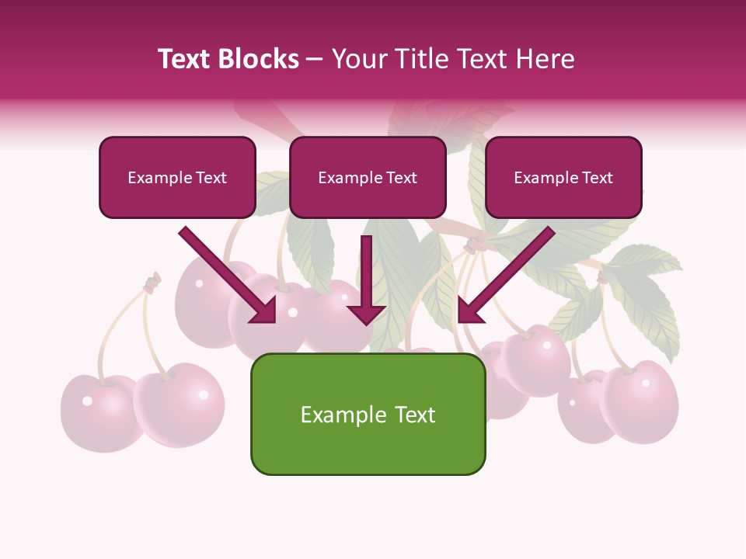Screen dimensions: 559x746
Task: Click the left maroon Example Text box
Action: pyautogui.click(x=177, y=177)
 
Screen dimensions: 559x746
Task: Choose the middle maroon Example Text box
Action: pyautogui.click(x=368, y=177)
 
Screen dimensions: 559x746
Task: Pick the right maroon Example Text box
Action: pyautogui.click(x=563, y=177)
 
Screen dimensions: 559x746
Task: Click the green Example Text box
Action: pyautogui.click(x=368, y=414)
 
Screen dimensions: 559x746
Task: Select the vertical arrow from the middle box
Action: pyautogui.click(x=366, y=279)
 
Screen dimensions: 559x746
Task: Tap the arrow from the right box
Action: pyautogui.click(x=505, y=276)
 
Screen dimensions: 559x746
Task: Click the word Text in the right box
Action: pyautogui.click(x=598, y=178)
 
